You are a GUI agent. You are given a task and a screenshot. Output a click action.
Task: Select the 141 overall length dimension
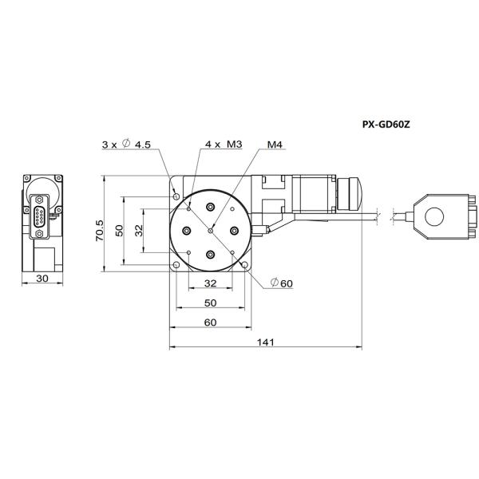point(266,342)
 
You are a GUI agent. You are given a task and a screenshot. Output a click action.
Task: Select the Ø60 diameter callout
point(281,283)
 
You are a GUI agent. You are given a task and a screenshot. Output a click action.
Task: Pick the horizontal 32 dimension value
point(210,283)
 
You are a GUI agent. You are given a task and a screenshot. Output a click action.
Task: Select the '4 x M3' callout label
point(223,144)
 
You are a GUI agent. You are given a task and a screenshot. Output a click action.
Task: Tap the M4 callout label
point(275,144)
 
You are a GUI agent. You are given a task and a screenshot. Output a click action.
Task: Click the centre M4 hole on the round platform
point(211,230)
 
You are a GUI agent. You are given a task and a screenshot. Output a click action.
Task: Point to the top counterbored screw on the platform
point(211,206)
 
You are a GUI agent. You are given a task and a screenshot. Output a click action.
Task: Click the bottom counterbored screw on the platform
point(211,255)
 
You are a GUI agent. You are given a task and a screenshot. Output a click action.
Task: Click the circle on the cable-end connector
point(434,216)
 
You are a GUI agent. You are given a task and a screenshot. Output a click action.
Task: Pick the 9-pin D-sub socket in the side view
point(38,216)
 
